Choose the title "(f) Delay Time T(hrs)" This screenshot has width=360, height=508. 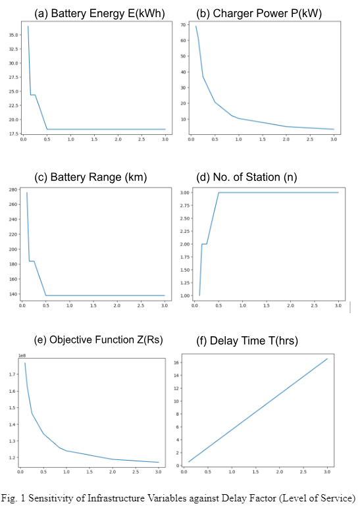click(x=247, y=341)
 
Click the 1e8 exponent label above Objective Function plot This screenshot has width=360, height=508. click(x=22, y=355)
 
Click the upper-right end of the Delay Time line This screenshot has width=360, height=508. click(x=327, y=359)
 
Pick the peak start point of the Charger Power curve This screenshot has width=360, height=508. click(x=195, y=26)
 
